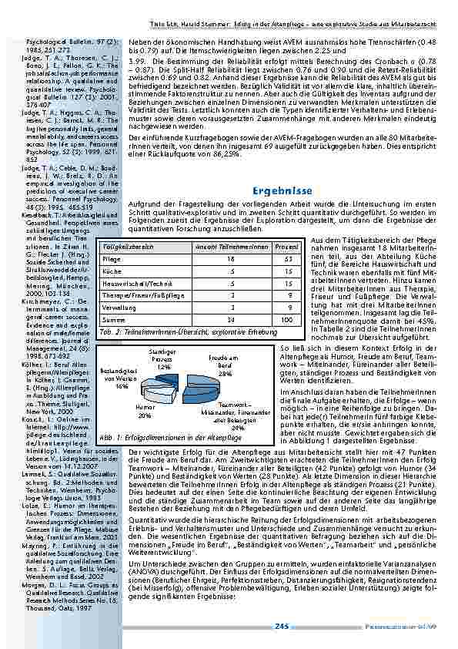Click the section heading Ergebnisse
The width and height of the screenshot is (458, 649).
[x=281, y=190]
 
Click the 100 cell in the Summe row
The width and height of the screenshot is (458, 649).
[x=286, y=319]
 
